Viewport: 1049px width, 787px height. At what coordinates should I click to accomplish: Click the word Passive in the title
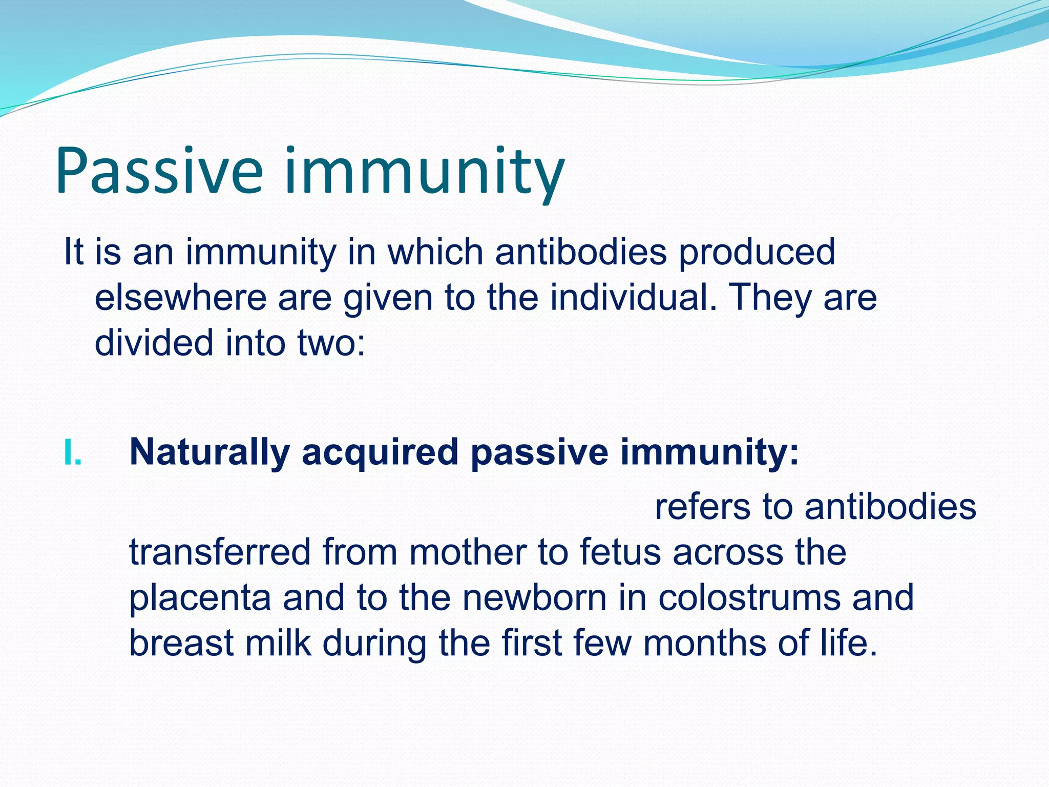click(159, 172)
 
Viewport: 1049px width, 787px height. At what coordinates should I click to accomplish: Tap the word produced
click(757, 253)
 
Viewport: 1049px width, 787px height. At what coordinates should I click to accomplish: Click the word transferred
click(220, 552)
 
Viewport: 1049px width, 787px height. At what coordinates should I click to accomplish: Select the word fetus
click(620, 552)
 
